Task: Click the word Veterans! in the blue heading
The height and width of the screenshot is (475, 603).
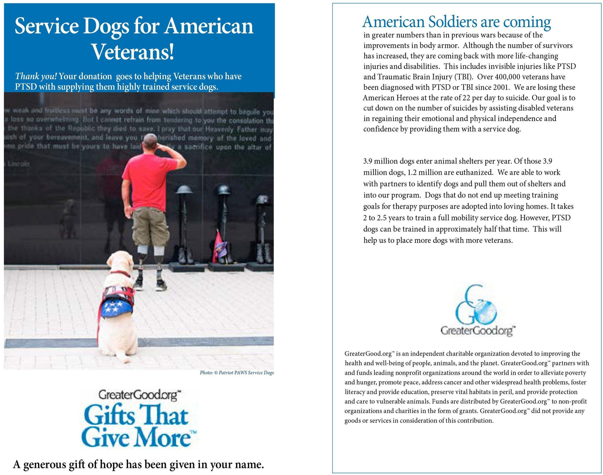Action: (x=133, y=52)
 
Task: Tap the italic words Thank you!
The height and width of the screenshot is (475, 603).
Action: (x=36, y=76)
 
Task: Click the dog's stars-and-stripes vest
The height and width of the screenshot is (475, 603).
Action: (x=116, y=302)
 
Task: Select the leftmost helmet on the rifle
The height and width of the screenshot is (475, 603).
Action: (x=184, y=190)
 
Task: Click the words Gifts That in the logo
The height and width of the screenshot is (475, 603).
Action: (x=136, y=415)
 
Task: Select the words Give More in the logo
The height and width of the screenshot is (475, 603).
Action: (x=136, y=438)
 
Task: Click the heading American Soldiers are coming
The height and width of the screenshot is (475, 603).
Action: (x=457, y=22)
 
